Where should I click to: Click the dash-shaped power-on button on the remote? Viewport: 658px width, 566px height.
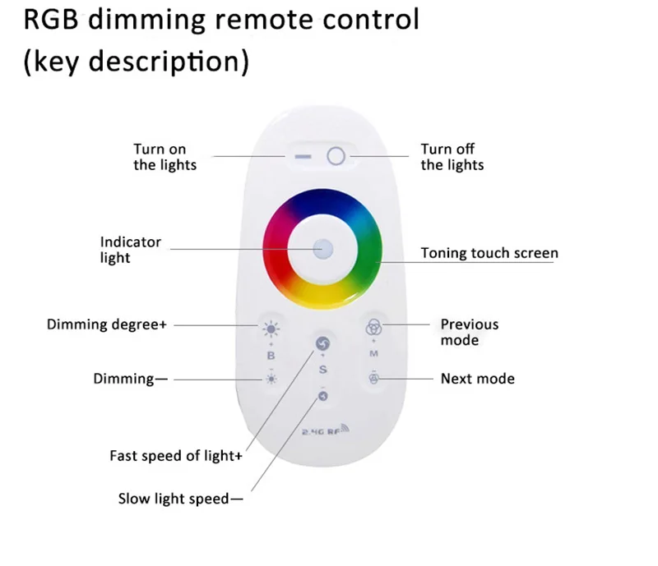(304, 156)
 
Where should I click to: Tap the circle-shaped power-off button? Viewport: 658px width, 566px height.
(335, 156)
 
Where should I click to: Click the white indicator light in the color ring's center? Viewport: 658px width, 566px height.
(323, 247)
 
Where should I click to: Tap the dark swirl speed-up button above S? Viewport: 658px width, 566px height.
(323, 343)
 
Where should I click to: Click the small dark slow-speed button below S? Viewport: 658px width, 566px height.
(323, 397)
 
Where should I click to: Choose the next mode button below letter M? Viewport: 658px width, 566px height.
(373, 379)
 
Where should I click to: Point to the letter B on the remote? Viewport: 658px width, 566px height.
(271, 356)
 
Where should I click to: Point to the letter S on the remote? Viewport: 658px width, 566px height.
(323, 370)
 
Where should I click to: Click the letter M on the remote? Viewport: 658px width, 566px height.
(373, 354)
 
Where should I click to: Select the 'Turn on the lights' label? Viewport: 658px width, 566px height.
(165, 157)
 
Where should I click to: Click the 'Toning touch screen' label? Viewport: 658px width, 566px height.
(489, 253)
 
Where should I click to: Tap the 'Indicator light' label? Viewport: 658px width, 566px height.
(131, 250)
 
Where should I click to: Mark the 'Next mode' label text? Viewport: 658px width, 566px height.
(477, 379)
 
